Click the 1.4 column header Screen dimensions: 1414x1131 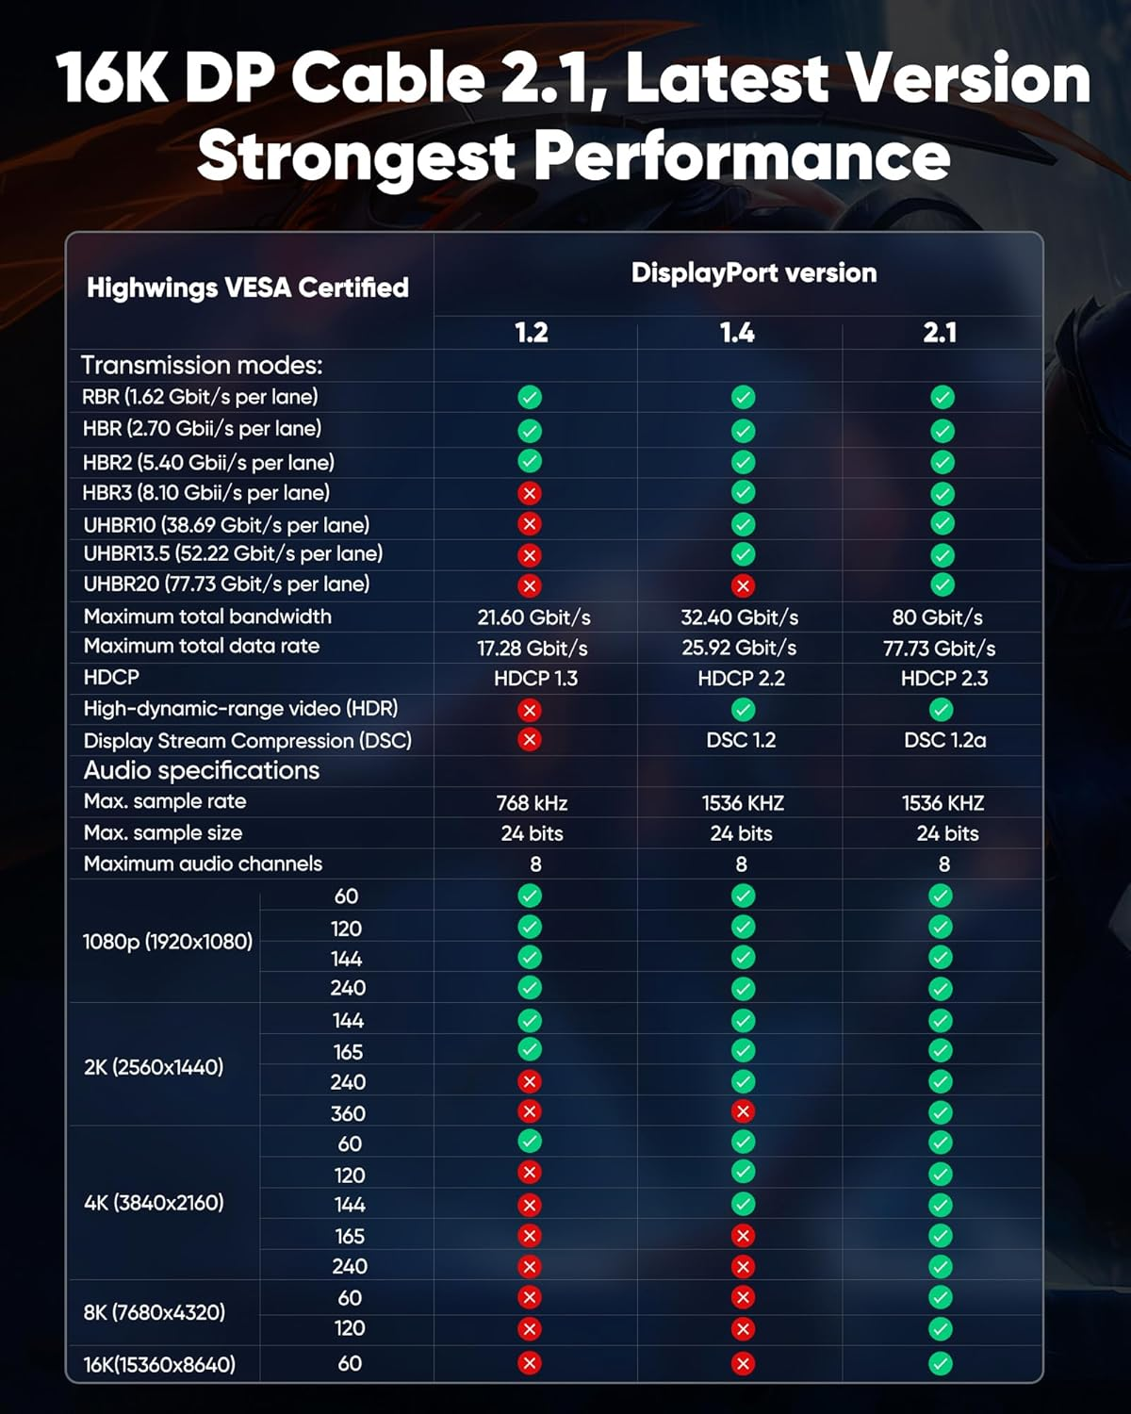point(737,333)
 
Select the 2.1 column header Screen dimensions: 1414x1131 point(941,333)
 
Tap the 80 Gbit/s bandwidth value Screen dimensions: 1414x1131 point(938,617)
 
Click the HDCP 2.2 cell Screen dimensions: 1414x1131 point(741,679)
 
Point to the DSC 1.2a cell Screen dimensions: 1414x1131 point(944,740)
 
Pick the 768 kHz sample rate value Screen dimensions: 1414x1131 point(532,803)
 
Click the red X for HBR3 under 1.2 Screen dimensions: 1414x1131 point(530,493)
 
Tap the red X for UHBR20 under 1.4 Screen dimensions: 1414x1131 point(743,586)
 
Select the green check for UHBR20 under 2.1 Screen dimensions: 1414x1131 point(942,585)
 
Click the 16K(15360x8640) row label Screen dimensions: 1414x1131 point(159,1364)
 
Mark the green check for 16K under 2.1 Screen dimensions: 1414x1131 point(941,1363)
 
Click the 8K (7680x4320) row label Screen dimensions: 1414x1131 point(154,1312)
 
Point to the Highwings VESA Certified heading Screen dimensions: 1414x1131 point(248,288)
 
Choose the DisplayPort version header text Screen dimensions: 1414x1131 point(754,273)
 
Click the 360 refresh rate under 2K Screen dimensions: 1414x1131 point(348,1113)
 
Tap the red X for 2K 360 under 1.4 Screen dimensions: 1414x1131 point(743,1112)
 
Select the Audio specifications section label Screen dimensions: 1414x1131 point(202,771)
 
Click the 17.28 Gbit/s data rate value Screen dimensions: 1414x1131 point(533,649)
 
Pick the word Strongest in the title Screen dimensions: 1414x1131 point(356,156)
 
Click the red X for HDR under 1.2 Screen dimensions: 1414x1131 point(530,710)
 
